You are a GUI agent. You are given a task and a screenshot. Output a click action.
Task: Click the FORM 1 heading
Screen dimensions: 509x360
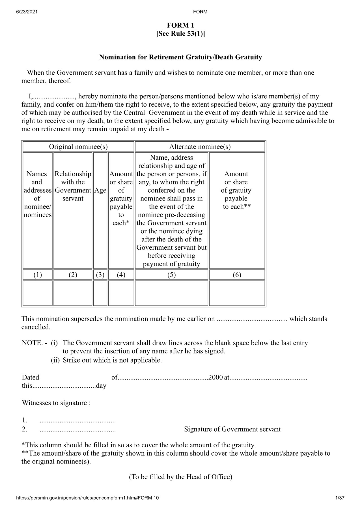tap(180, 26)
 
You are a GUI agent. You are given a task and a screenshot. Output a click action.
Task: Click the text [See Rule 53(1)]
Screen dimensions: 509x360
tap(180, 34)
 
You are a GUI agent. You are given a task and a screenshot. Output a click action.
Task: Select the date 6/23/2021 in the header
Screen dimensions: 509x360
tap(27, 12)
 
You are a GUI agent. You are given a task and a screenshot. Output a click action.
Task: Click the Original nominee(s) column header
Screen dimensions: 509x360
tap(78, 146)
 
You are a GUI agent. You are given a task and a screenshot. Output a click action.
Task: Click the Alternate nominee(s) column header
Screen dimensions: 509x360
tap(200, 146)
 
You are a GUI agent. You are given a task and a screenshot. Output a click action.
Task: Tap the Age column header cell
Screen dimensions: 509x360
tap(100, 190)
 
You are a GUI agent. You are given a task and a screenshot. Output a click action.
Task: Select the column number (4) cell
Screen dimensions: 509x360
tap(121, 275)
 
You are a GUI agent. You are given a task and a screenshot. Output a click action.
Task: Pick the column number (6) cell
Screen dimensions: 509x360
tap(237, 275)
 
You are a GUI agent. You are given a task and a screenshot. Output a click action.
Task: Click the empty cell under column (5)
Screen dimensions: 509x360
tap(172, 293)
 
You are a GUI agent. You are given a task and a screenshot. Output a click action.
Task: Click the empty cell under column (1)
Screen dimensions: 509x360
tap(38, 293)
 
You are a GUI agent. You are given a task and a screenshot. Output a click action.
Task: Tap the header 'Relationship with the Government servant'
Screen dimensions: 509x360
tap(73, 186)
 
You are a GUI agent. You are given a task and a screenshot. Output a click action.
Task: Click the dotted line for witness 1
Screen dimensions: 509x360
tap(77, 421)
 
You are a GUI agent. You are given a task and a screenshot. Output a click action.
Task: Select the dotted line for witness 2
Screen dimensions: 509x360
tap(77, 429)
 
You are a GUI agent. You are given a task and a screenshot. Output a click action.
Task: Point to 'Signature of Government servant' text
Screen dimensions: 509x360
tap(232, 429)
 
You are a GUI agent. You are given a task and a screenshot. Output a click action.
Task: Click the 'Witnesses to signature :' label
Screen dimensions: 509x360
tap(56, 403)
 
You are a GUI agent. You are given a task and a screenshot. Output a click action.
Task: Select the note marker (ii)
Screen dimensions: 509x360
tap(55, 360)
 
